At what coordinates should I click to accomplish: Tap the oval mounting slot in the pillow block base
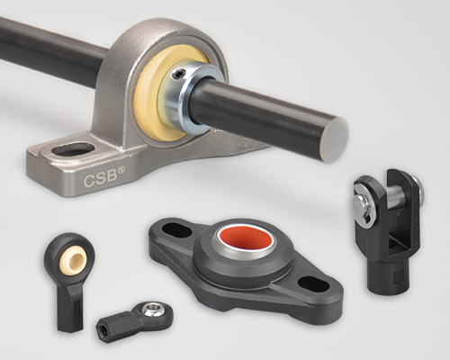(72, 149)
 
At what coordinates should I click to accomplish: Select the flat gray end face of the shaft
(337, 140)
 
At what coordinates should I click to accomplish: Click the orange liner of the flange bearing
(245, 238)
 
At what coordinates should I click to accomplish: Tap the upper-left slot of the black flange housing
(176, 231)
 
